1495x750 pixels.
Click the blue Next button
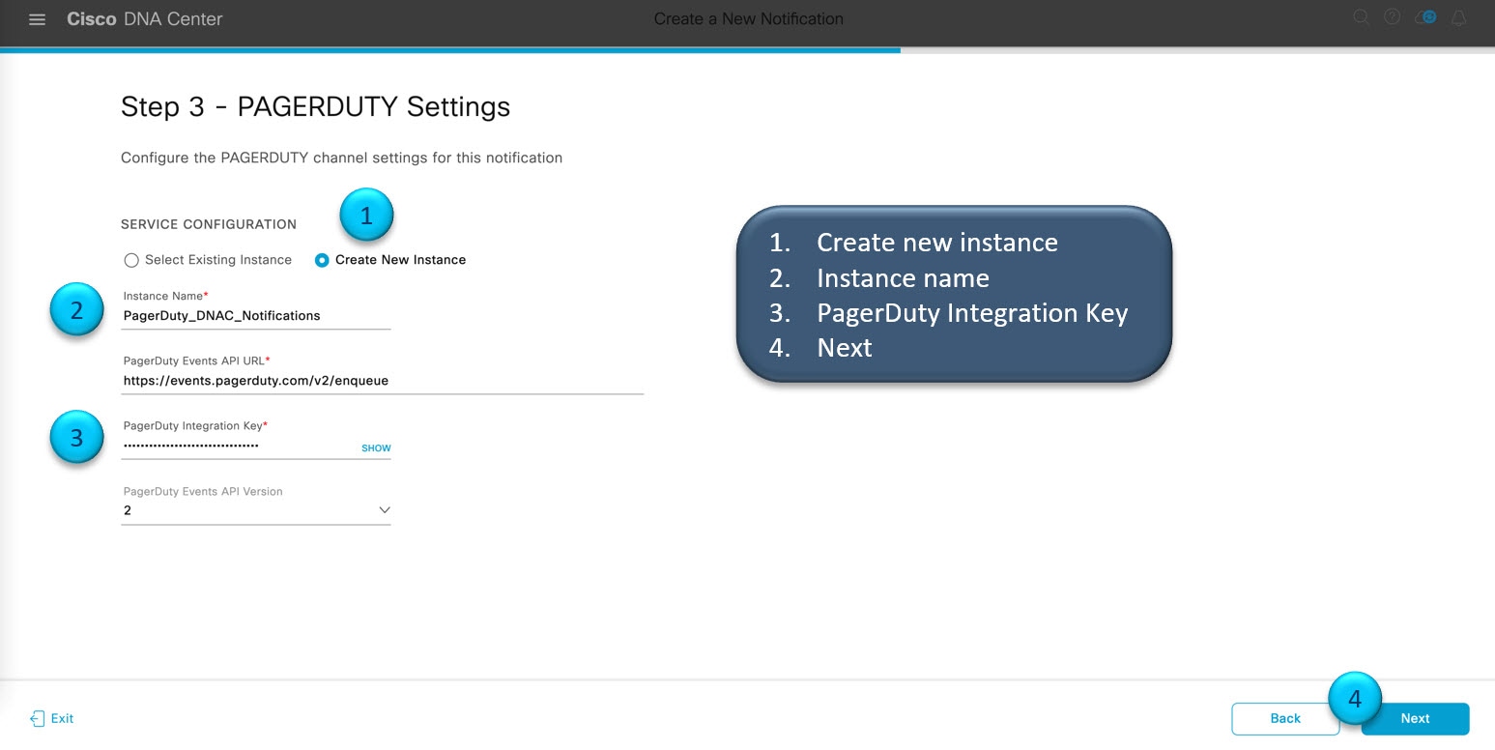(x=1415, y=719)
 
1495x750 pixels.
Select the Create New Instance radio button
(x=322, y=260)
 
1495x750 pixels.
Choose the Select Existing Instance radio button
(x=131, y=260)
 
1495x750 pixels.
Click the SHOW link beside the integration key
(x=376, y=448)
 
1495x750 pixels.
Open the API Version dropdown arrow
(x=385, y=509)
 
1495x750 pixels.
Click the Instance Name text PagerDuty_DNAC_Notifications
(x=221, y=316)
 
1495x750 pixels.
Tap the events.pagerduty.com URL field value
(x=256, y=381)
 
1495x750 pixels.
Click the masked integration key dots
(x=191, y=445)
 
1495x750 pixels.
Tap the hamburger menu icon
(x=38, y=19)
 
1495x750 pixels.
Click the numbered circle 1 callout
(x=366, y=215)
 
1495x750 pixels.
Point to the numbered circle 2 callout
(x=76, y=309)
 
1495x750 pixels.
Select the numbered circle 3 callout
(x=76, y=437)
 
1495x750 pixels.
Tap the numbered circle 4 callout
(x=1355, y=698)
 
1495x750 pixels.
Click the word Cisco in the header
(x=92, y=18)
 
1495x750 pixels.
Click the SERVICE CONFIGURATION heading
(x=208, y=224)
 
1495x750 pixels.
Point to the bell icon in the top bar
(x=1459, y=18)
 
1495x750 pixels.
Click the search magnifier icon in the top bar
(x=1362, y=18)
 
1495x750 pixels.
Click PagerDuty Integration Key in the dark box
(x=972, y=313)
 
